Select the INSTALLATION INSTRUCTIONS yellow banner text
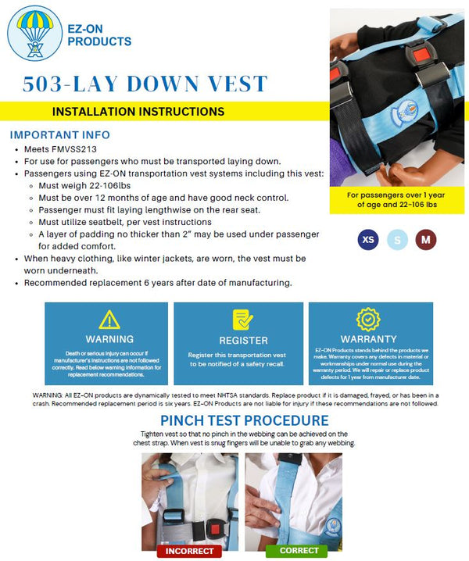pos(138,112)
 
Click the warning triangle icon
pos(109,320)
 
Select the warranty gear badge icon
pos(368,320)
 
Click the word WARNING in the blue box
pos(109,340)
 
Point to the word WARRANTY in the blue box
pos(368,339)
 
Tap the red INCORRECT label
pos(188,551)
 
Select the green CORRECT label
pos(296,551)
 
